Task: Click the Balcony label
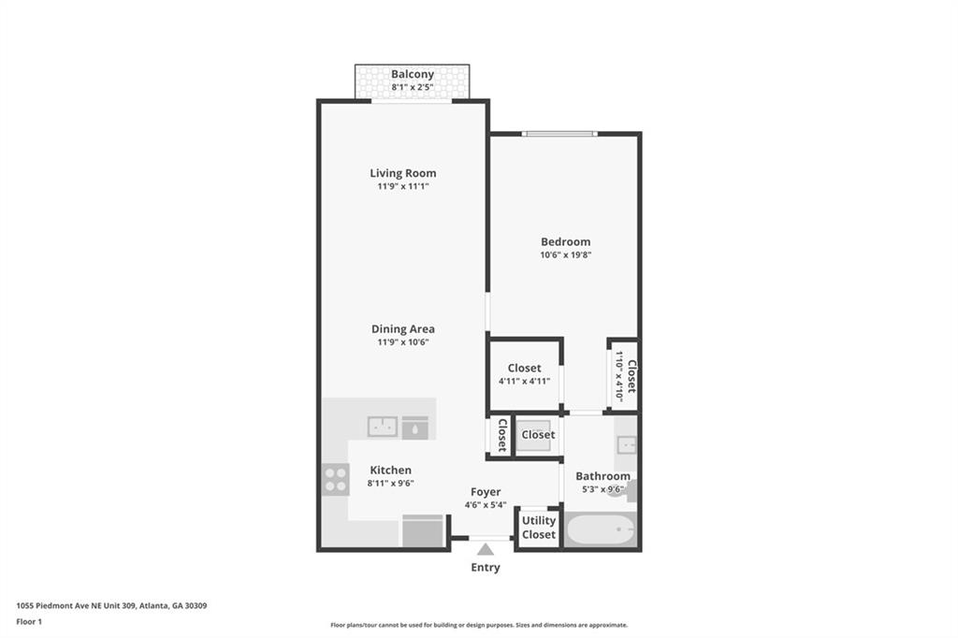412,74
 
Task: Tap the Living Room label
402,173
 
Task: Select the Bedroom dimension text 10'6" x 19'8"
565,254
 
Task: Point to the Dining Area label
402,329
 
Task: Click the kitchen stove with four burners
336,479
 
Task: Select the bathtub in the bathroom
602,531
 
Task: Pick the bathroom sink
626,444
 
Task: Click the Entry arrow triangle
485,550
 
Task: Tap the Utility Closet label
538,528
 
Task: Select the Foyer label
485,492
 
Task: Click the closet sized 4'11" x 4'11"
524,374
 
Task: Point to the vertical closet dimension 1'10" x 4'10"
619,375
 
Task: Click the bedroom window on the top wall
559,134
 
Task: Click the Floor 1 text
30,621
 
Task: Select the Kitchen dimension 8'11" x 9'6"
390,484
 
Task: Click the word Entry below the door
485,568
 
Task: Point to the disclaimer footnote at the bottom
478,625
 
